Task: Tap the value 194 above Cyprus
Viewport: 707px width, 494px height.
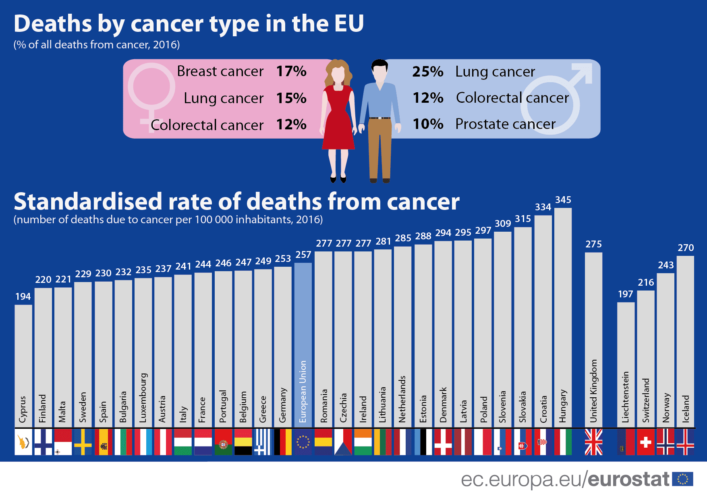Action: (23, 297)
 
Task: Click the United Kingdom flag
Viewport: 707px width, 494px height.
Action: (593, 442)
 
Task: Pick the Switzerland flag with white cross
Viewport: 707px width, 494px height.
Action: (646, 442)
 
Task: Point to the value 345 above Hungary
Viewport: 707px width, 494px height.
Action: (563, 200)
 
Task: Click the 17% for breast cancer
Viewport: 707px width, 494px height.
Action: (291, 71)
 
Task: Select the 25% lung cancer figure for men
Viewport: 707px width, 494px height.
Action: (427, 72)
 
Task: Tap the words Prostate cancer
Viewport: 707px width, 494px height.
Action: (505, 124)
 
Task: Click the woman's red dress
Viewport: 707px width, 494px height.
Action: (338, 121)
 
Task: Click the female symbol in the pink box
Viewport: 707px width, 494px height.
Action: (151, 89)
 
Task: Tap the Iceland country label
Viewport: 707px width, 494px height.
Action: (686, 409)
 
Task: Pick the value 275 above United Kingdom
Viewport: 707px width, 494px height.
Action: (593, 244)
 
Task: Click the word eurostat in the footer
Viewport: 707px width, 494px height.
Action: (628, 479)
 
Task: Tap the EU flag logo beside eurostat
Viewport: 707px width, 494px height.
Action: (682, 479)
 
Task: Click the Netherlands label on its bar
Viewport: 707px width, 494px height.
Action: (402, 399)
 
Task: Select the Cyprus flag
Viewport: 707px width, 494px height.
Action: (23, 442)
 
